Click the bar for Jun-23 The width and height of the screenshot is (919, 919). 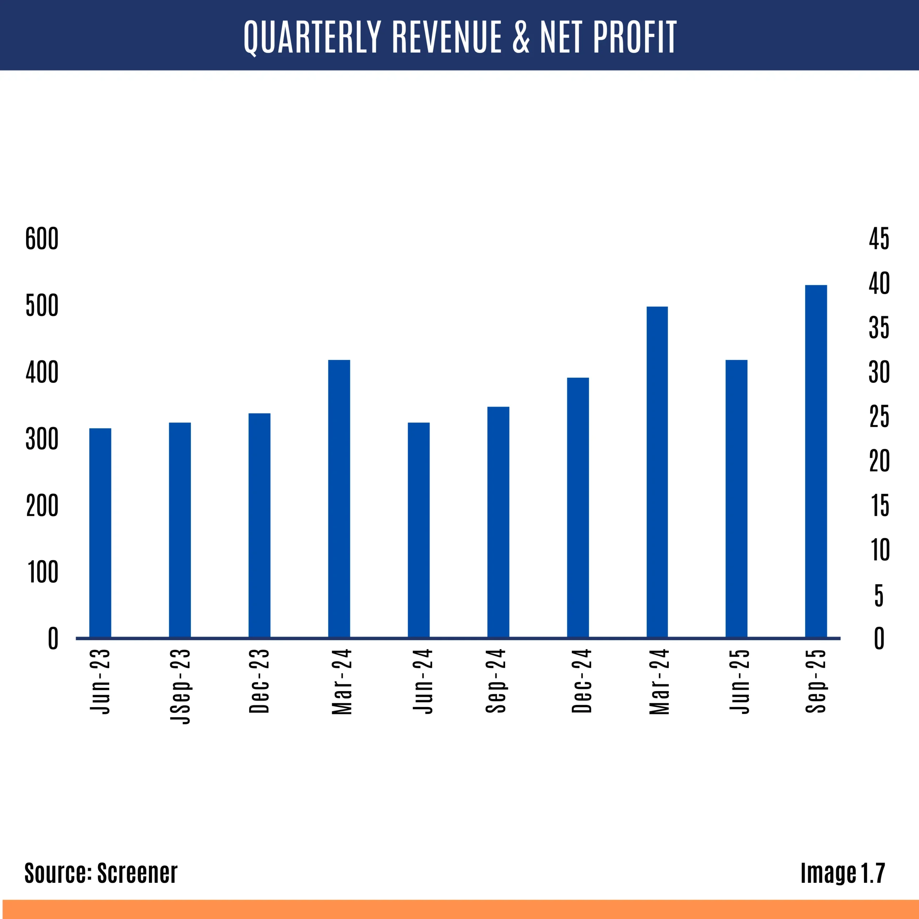101,533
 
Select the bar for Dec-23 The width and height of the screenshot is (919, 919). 259,525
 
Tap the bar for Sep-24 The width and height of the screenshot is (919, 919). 498,522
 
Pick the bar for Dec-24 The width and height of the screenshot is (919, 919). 578,508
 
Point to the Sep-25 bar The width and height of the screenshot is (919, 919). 816,461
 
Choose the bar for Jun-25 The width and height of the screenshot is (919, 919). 736,499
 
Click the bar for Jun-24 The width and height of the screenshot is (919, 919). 419,530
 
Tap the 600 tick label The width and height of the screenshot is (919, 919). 42,238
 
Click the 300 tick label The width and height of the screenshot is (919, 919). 42,439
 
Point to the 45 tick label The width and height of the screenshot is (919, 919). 879,238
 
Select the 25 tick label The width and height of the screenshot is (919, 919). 879,417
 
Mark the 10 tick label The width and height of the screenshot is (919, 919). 880,550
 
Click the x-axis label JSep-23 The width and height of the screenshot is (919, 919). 180,686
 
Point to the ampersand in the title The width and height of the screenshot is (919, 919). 521,37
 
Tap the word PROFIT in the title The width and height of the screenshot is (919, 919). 635,37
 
